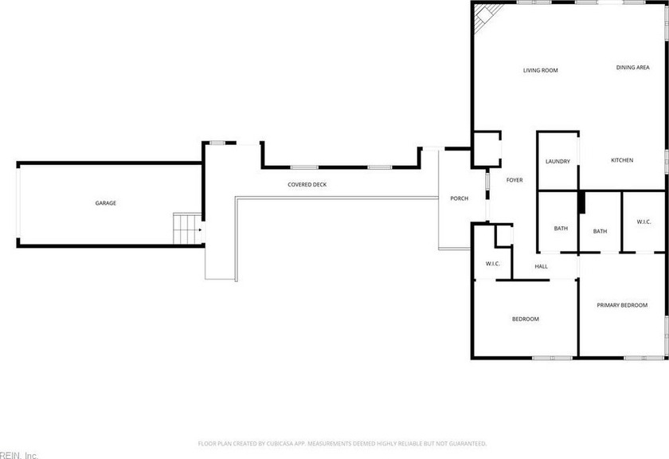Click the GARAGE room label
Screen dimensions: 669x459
point(105,203)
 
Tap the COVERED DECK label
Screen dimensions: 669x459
point(307,184)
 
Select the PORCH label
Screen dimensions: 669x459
point(459,198)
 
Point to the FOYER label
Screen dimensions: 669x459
point(514,180)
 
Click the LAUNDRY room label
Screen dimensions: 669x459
point(557,162)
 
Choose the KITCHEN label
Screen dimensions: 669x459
point(622,160)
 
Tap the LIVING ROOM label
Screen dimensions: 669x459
point(541,70)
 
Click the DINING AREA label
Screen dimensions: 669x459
point(632,68)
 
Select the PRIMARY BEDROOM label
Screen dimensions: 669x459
point(622,305)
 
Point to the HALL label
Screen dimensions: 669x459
point(541,266)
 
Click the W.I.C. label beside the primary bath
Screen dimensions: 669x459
point(644,222)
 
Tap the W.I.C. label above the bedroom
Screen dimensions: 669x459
point(493,264)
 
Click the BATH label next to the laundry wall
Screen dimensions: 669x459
point(561,229)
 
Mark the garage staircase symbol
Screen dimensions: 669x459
point(187,229)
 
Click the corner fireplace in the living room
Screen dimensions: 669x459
point(484,16)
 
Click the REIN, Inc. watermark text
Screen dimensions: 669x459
point(19,455)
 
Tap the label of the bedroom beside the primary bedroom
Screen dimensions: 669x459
point(525,319)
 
